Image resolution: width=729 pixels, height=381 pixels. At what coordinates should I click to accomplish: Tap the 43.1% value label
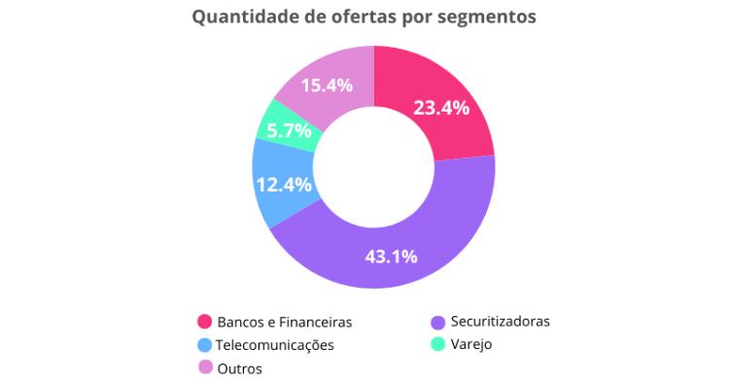pyautogui.click(x=391, y=257)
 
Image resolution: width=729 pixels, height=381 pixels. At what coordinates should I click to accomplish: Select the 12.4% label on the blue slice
pyautogui.click(x=284, y=185)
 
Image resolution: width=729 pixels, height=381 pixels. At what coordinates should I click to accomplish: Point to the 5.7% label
pyautogui.click(x=290, y=130)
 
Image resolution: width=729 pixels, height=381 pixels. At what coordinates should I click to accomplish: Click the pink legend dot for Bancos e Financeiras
pyautogui.click(x=205, y=322)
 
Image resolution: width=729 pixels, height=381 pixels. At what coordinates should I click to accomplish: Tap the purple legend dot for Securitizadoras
pyautogui.click(x=437, y=321)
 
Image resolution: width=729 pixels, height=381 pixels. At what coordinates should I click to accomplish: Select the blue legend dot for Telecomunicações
pyautogui.click(x=205, y=344)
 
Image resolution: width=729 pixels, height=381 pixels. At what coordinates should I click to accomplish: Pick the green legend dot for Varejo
pyautogui.click(x=437, y=344)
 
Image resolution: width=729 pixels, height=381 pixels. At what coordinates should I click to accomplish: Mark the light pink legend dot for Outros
pyautogui.click(x=205, y=366)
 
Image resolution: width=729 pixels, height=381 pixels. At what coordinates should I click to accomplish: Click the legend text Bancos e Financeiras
pyautogui.click(x=284, y=322)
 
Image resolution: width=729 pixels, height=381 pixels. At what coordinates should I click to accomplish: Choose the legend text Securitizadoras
pyautogui.click(x=501, y=321)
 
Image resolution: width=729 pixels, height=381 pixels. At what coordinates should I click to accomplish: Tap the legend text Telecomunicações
pyautogui.click(x=276, y=344)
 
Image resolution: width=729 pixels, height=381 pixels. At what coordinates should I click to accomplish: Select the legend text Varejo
pyautogui.click(x=471, y=344)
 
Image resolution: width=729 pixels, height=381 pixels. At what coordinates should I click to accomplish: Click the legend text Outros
pyautogui.click(x=239, y=367)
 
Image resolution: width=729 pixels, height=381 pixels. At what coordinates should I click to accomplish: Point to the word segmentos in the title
pyautogui.click(x=495, y=17)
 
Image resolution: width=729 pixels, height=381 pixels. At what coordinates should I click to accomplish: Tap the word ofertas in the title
pyautogui.click(x=364, y=17)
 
